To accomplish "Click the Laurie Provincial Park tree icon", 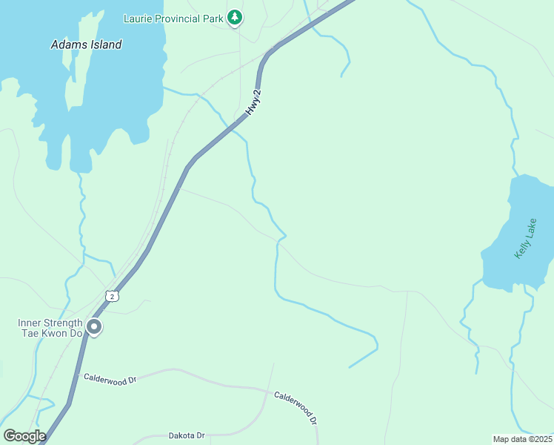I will click(235, 18).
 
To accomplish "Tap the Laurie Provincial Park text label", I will click(173, 19).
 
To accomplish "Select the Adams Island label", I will click(86, 44).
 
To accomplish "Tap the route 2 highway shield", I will click(111, 296).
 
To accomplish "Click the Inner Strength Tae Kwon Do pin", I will click(94, 326).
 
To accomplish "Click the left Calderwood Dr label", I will click(110, 379).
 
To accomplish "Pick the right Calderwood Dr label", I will click(296, 407).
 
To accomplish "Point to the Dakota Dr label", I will click(186, 435).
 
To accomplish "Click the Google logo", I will click(24, 435).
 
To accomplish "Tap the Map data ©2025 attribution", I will click(522, 439).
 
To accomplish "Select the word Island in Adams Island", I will click(103, 44).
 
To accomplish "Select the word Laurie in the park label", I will click(138, 19).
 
